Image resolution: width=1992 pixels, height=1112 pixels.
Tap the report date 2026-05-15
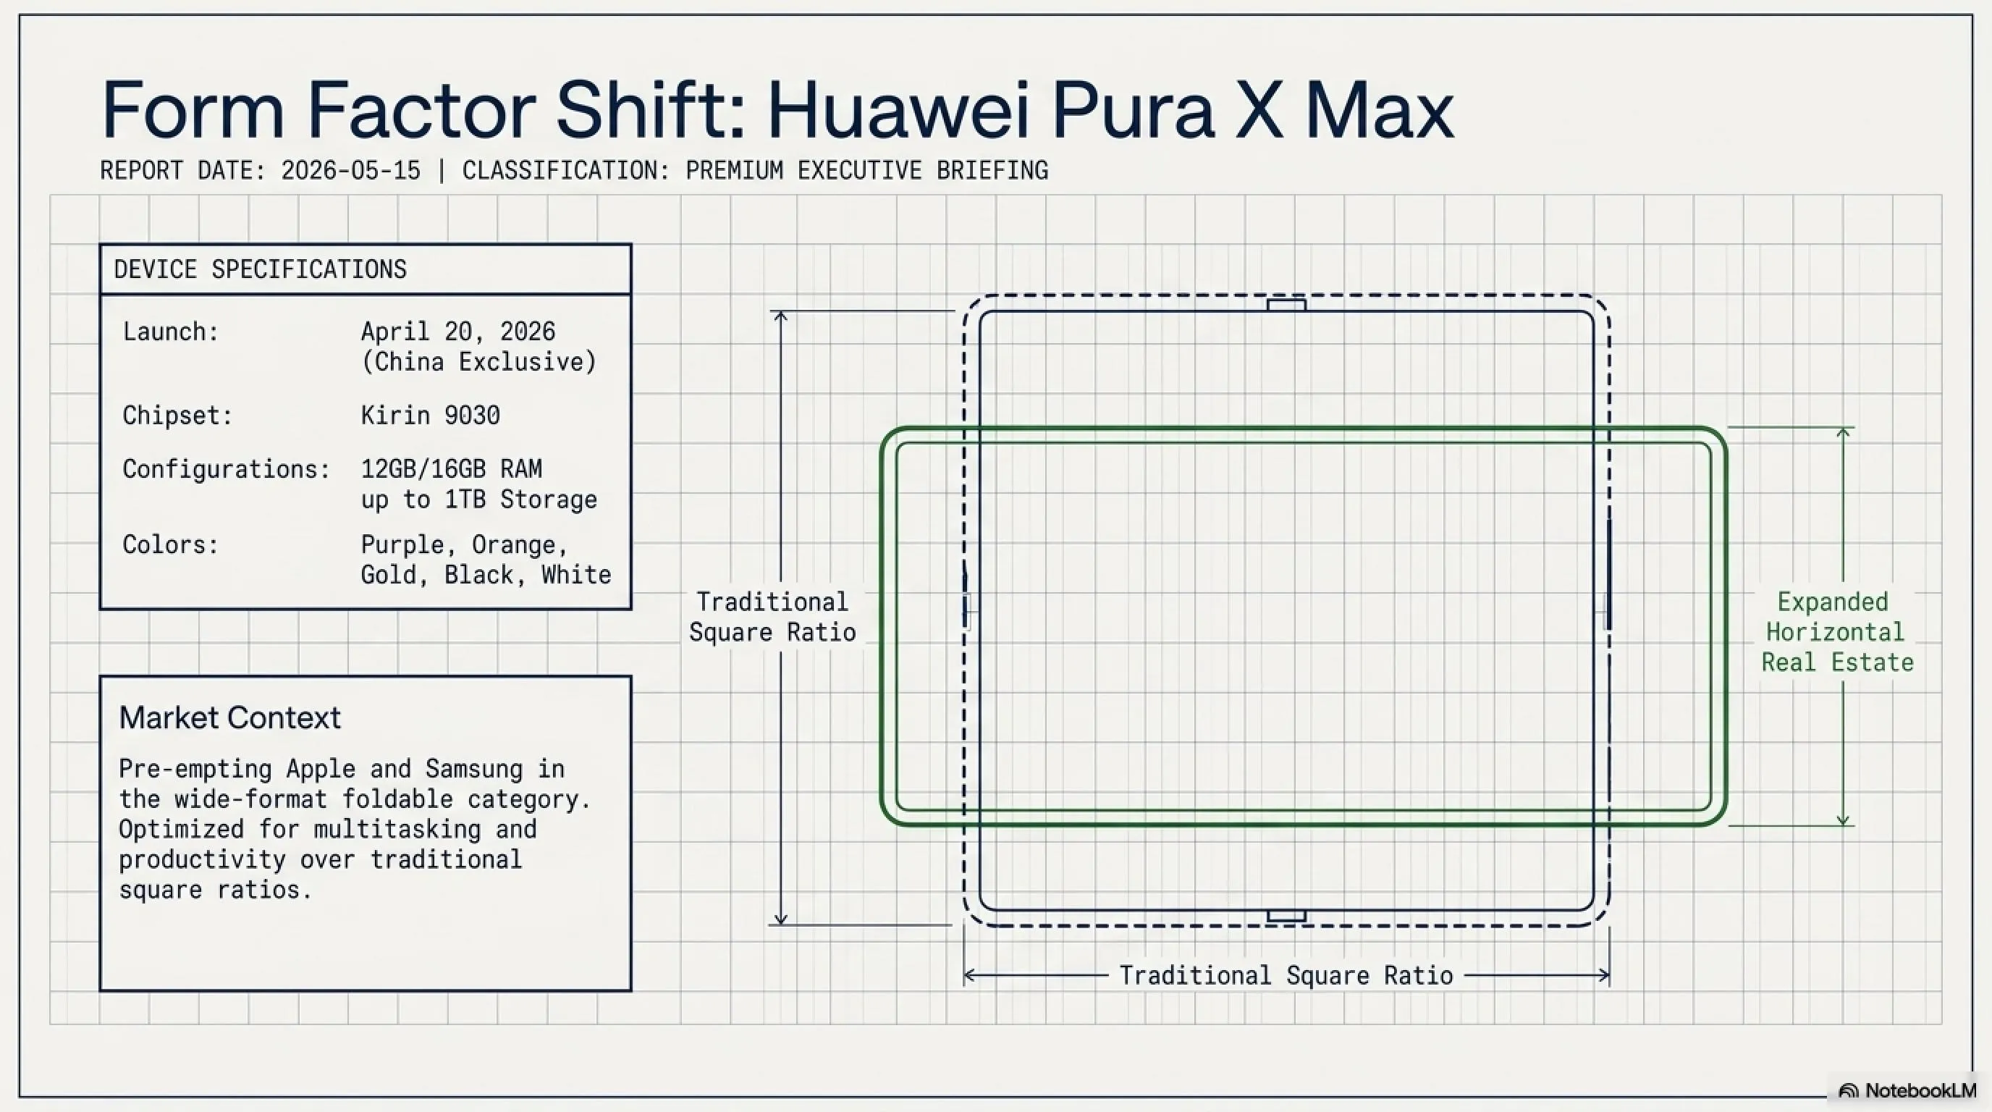(350, 170)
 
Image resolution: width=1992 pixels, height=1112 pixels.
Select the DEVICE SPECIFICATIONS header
(260, 269)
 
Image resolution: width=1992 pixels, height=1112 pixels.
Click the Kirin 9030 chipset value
(430, 416)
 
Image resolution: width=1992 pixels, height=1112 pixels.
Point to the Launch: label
(171, 332)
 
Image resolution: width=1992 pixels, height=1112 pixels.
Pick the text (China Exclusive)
(478, 362)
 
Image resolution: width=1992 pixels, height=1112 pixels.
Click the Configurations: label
(227, 468)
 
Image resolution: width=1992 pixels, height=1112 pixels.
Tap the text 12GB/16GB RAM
(452, 468)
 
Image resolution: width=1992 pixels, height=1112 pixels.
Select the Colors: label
(171, 544)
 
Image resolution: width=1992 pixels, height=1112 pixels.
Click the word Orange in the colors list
(519, 544)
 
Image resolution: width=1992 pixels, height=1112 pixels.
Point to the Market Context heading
(229, 717)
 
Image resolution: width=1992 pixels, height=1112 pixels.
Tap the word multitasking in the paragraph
(397, 829)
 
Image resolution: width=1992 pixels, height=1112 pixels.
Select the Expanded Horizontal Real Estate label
(1836, 632)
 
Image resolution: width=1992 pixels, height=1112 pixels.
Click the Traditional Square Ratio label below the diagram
(1286, 976)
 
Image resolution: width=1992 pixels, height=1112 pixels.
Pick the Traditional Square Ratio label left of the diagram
(772, 616)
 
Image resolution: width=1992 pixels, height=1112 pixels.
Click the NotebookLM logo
(1909, 1090)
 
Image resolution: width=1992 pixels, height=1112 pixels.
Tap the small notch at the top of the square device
(1286, 306)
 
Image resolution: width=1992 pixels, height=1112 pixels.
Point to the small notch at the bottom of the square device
(1286, 917)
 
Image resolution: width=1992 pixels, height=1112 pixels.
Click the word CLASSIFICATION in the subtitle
(565, 170)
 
